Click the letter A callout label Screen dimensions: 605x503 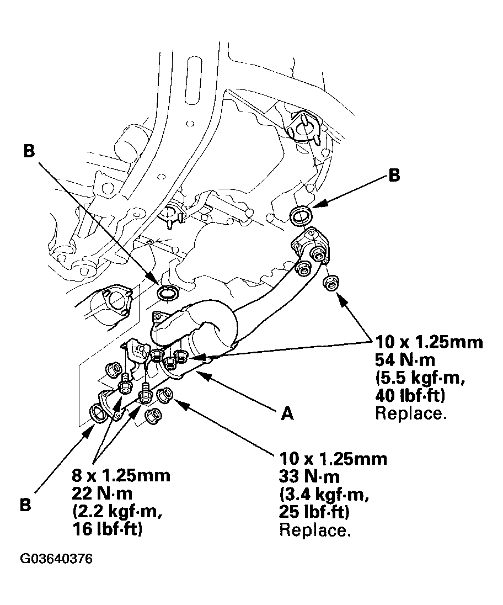pos(288,414)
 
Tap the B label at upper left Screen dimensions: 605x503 pos(30,152)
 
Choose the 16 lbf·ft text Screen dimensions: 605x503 pos(107,529)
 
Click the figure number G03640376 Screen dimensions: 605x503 pos(56,559)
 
